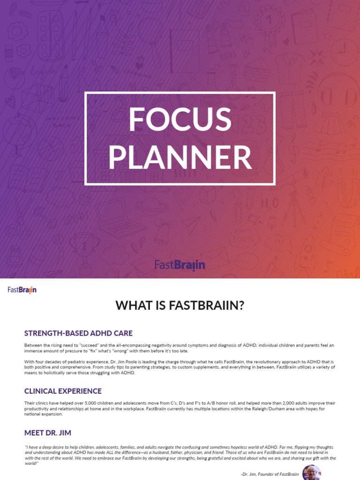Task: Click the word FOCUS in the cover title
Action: pos(180,119)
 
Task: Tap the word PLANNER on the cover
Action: pos(180,157)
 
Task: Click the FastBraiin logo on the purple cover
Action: pos(180,265)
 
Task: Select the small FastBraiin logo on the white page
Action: pos(22,290)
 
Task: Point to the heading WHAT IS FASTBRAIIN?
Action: pos(180,306)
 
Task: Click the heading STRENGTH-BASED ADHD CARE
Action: pos(78,333)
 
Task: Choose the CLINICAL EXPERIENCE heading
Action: pos(63,391)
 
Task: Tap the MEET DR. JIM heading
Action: pos(48,432)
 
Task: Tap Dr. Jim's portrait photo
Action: pos(311,472)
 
